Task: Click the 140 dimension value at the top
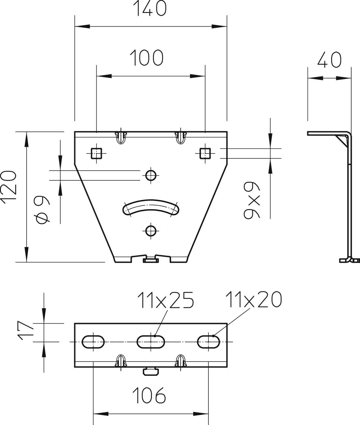[x=150, y=8]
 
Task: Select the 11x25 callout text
[x=166, y=300]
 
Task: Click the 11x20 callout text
[x=254, y=299]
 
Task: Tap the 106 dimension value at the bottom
[x=149, y=396]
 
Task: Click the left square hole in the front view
[x=96, y=153]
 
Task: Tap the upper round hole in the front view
[x=151, y=175]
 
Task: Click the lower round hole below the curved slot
[x=151, y=231]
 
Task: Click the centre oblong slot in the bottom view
[x=151, y=342]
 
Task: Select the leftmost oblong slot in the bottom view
[x=93, y=342]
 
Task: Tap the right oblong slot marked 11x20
[x=209, y=342]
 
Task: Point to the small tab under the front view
[x=150, y=260]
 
